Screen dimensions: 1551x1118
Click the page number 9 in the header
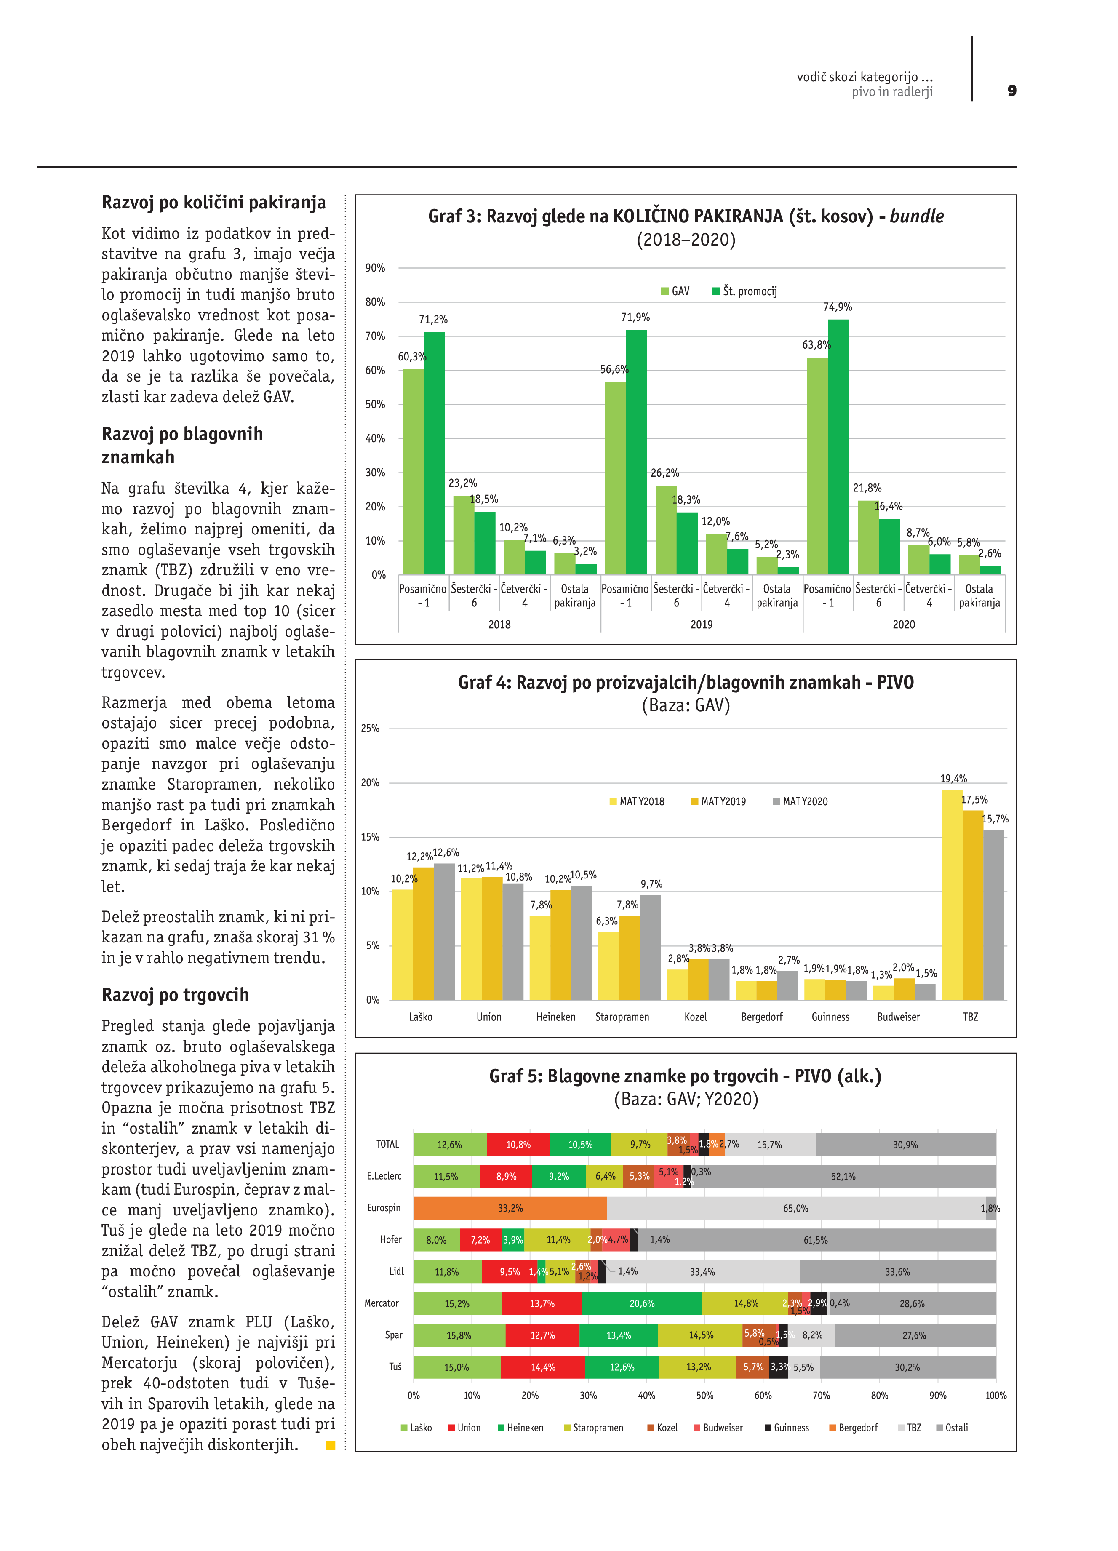pos(1011,91)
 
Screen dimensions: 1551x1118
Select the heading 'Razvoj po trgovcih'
pos(175,995)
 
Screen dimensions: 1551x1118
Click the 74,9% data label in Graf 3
pos(837,307)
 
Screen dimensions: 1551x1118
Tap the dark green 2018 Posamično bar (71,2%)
pos(434,453)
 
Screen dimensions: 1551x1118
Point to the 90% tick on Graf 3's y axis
pos(375,268)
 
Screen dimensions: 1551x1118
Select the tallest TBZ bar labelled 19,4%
pos(951,894)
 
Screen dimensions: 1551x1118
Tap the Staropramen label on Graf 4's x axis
pos(622,1017)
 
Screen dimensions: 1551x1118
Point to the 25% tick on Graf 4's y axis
pos(370,728)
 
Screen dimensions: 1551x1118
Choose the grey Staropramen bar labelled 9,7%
pos(650,947)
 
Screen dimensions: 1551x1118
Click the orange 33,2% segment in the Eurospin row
pos(510,1208)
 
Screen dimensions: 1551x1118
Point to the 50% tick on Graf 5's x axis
pos(704,1396)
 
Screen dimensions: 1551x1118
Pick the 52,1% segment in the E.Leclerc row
pos(843,1176)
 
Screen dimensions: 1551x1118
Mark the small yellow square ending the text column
pos(331,1445)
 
